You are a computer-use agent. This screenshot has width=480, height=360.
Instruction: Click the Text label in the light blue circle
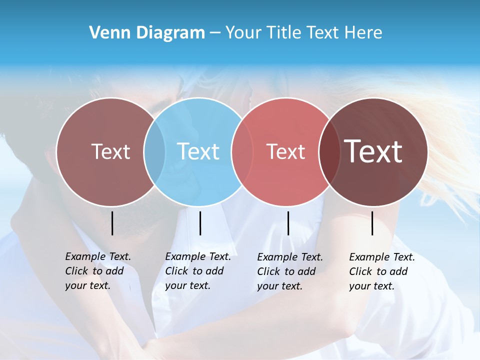tap(198, 151)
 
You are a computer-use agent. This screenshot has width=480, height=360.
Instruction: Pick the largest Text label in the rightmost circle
tap(373, 151)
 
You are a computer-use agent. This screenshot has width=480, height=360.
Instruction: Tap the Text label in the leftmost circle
tap(110, 151)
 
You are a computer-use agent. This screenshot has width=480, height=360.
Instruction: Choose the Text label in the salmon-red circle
tap(285, 151)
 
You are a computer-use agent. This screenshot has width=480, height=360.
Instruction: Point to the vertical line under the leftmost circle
tap(112, 223)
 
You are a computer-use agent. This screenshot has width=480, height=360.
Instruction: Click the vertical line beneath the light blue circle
tap(200, 223)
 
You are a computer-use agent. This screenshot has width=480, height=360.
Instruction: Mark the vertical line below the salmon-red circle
tap(288, 223)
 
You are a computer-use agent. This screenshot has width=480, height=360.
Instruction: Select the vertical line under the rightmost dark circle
tap(372, 223)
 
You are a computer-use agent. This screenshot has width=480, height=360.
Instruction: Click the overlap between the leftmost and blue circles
tap(154, 151)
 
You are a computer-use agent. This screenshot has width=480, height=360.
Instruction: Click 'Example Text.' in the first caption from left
tap(98, 256)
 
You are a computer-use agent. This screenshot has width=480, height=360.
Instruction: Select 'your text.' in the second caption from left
tap(188, 285)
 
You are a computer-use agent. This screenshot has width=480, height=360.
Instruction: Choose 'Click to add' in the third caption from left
tap(286, 271)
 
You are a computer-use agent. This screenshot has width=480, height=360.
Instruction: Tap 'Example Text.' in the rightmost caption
tap(382, 257)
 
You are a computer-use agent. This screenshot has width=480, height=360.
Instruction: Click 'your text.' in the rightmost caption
tap(372, 286)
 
